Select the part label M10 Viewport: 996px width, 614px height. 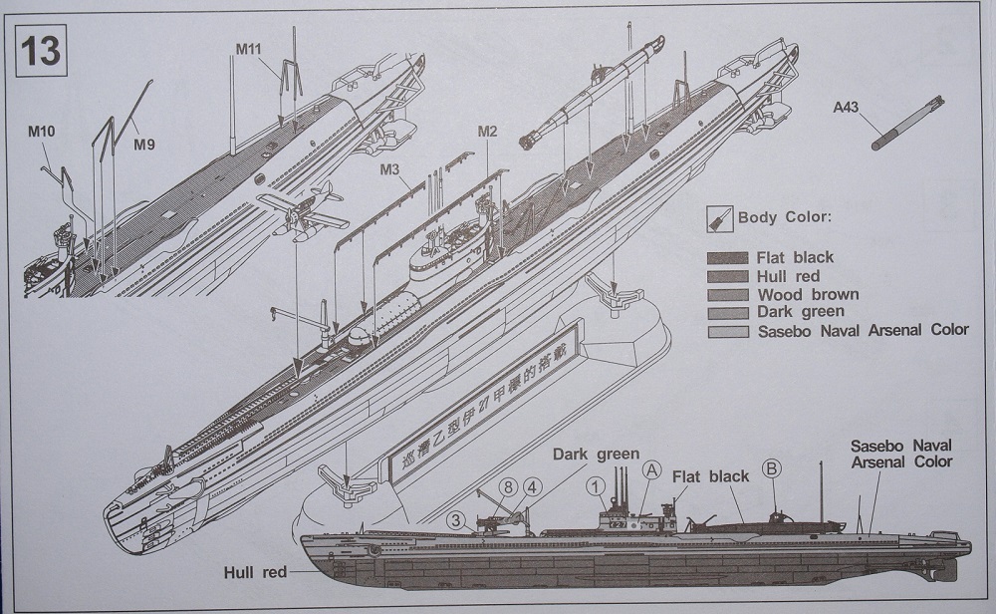pos(43,129)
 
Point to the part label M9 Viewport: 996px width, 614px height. pos(144,144)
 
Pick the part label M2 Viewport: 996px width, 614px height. pos(487,132)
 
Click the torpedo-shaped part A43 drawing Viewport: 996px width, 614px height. pos(907,123)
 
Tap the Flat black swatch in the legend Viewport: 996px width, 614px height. pos(725,257)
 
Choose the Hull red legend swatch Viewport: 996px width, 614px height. pos(725,276)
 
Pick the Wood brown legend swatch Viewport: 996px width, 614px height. pos(725,294)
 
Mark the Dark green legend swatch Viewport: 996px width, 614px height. pos(725,312)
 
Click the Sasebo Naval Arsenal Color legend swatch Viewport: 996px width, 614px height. pos(725,331)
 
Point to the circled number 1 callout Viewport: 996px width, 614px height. pos(596,486)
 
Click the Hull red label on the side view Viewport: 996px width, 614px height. pos(257,572)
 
